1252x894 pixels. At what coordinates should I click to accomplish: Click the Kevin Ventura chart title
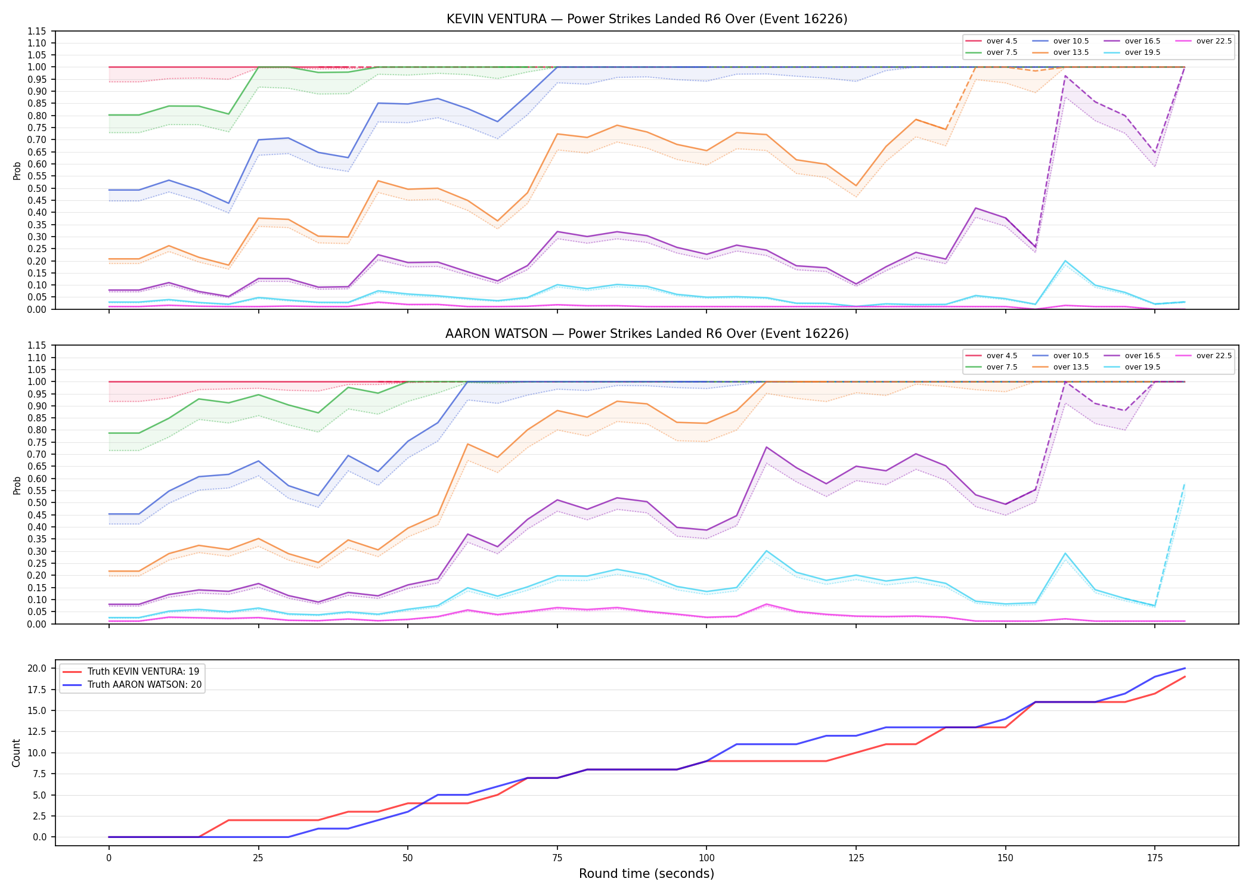647,19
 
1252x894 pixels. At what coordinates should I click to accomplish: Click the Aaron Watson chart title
647,334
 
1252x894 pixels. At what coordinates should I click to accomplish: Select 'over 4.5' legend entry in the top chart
991,41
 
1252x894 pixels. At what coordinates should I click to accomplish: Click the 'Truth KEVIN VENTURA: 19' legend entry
131,672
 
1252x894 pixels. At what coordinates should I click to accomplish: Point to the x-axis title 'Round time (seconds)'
647,874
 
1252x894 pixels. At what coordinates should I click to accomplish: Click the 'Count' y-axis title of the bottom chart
16,753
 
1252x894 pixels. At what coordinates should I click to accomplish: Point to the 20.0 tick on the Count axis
39,668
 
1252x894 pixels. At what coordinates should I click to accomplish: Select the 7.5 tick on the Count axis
41,774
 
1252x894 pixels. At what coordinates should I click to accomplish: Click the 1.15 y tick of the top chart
39,31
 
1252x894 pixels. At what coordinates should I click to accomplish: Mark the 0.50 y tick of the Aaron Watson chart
39,502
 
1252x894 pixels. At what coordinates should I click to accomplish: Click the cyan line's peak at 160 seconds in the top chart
1065,261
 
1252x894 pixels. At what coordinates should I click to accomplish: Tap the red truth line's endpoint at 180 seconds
1185,676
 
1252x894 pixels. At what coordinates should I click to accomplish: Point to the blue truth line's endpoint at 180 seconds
1185,668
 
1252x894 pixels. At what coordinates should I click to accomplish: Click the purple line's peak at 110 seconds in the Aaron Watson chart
766,447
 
